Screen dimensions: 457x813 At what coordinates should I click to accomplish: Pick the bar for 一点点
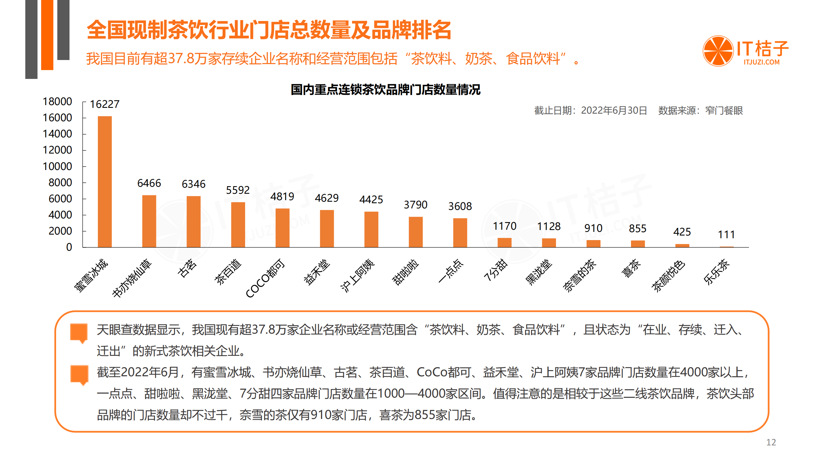pos(460,232)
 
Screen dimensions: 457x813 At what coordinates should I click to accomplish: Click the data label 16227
pos(105,104)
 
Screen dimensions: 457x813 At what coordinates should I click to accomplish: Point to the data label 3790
pos(415,205)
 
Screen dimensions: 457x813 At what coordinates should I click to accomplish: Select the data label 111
pos(726,235)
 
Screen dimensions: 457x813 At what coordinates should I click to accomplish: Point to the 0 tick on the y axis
pos(69,247)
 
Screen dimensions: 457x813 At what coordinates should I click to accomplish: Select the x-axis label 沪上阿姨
pos(357,275)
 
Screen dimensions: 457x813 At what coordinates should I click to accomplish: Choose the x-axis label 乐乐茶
pos(716,271)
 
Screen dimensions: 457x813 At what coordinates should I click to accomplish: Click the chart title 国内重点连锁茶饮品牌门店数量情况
pos(385,90)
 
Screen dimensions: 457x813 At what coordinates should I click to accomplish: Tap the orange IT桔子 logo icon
pos(718,51)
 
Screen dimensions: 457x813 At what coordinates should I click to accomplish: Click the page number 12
pos(771,442)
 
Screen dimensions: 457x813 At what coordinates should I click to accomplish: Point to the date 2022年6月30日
pos(614,110)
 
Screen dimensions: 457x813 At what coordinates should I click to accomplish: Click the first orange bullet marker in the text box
pos(79,332)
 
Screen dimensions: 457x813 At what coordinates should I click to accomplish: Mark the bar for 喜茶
pos(637,243)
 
